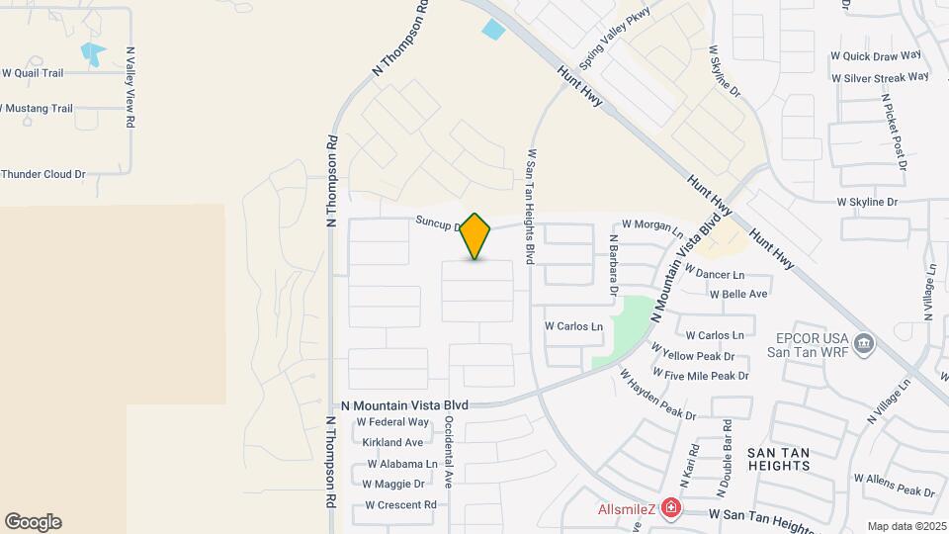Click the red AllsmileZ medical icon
click(x=672, y=508)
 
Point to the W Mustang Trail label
click(x=36, y=108)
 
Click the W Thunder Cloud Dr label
click(x=43, y=174)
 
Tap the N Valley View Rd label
click(x=129, y=87)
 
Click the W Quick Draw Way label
click(x=876, y=55)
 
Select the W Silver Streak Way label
click(x=880, y=77)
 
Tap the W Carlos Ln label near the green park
click(x=573, y=325)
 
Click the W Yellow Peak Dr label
click(x=698, y=356)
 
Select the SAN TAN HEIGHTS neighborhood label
click(x=779, y=460)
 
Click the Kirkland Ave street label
click(x=392, y=442)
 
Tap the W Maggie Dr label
click(x=393, y=484)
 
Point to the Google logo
click(x=33, y=522)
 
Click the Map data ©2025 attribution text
click(x=906, y=526)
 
